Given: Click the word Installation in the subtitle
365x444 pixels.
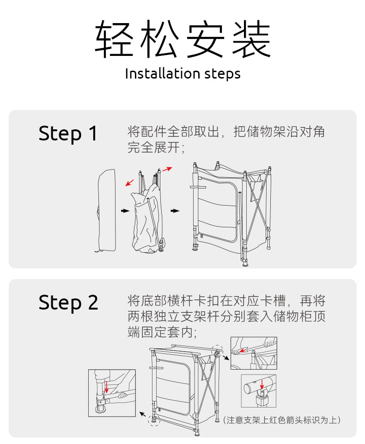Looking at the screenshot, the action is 162,74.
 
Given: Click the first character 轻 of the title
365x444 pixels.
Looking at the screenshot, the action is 112,39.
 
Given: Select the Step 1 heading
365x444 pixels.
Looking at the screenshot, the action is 68,134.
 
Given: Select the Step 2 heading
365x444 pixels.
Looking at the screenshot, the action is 68,303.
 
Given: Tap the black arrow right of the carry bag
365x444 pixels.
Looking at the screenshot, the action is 125,211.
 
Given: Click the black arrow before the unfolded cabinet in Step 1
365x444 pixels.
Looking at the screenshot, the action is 175,211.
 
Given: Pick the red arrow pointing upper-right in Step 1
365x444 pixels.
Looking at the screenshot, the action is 167,169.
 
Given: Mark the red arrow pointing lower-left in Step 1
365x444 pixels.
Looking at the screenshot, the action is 131,182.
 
